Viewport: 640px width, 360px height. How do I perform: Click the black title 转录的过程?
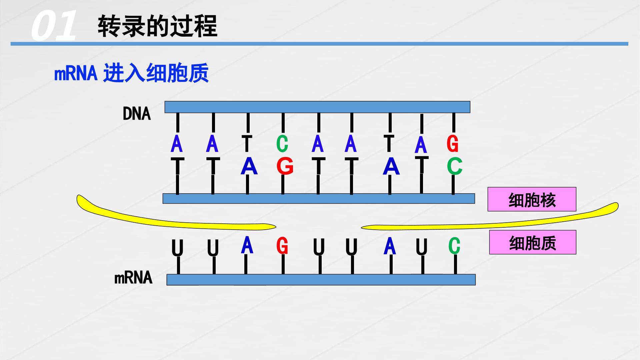coord(157,26)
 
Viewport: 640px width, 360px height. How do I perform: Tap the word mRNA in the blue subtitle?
coord(76,73)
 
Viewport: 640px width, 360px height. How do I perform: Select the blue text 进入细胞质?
coord(156,73)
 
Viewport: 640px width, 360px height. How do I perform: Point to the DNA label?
coord(137,114)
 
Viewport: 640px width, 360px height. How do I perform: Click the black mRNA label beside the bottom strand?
coord(133,278)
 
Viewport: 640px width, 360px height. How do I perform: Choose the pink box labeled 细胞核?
coord(532,199)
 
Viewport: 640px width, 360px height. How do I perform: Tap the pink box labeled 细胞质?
coord(533,242)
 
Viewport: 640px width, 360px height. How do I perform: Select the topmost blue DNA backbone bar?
coord(317,107)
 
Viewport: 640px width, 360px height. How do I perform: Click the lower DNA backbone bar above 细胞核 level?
coord(319,198)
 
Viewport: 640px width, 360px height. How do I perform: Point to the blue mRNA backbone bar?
coord(321,280)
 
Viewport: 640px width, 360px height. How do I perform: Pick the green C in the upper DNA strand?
coord(282,144)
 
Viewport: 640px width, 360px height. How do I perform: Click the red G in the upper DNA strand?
coord(452,144)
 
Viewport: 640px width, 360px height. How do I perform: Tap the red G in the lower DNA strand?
coord(285,166)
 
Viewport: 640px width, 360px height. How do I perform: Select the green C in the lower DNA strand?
coord(455,166)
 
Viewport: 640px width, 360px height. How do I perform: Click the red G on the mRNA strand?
coord(282,246)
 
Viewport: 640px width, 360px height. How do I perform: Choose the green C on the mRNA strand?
coord(454,246)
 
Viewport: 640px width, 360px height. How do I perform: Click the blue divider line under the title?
coord(319,44)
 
